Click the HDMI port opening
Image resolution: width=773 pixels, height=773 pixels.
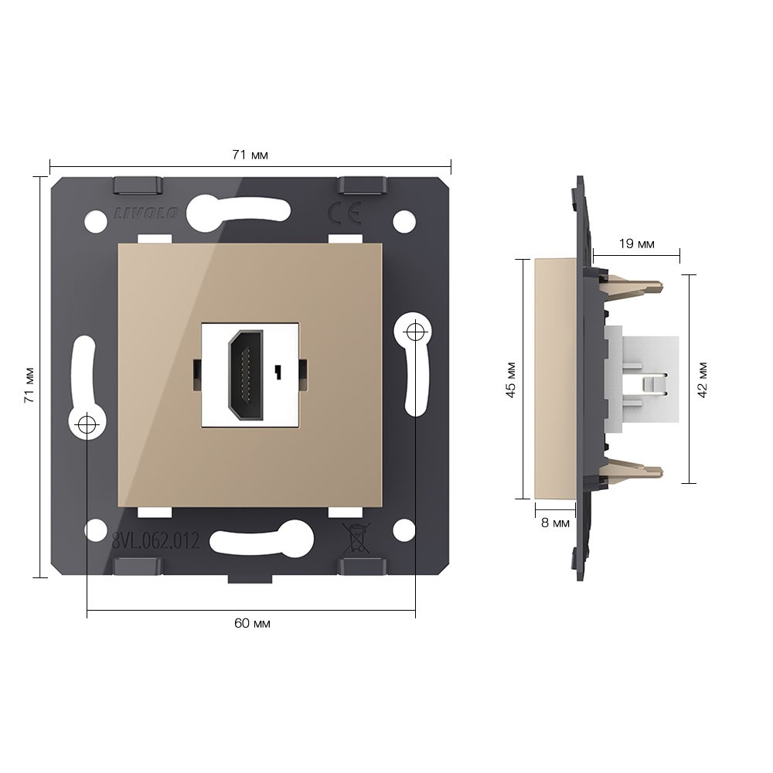(x=246, y=375)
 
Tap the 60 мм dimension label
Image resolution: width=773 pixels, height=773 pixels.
(x=252, y=623)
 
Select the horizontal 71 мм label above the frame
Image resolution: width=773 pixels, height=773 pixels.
(x=250, y=155)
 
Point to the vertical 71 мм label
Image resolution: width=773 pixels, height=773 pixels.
(x=29, y=385)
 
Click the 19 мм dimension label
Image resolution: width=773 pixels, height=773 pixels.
(x=636, y=243)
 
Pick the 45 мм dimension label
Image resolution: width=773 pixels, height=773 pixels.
(x=511, y=380)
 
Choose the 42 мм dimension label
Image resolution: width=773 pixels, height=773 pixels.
(x=703, y=380)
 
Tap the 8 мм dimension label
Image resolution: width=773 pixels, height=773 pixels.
(x=555, y=523)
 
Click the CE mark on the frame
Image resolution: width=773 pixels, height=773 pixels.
(x=345, y=213)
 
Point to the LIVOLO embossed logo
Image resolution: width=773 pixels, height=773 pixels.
(x=146, y=213)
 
